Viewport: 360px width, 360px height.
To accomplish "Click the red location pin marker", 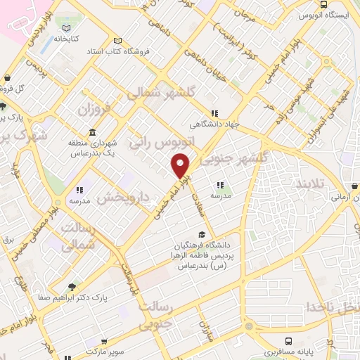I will click(x=181, y=166).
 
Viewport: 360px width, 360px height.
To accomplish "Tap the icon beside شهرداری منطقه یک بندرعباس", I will click(x=93, y=133).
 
